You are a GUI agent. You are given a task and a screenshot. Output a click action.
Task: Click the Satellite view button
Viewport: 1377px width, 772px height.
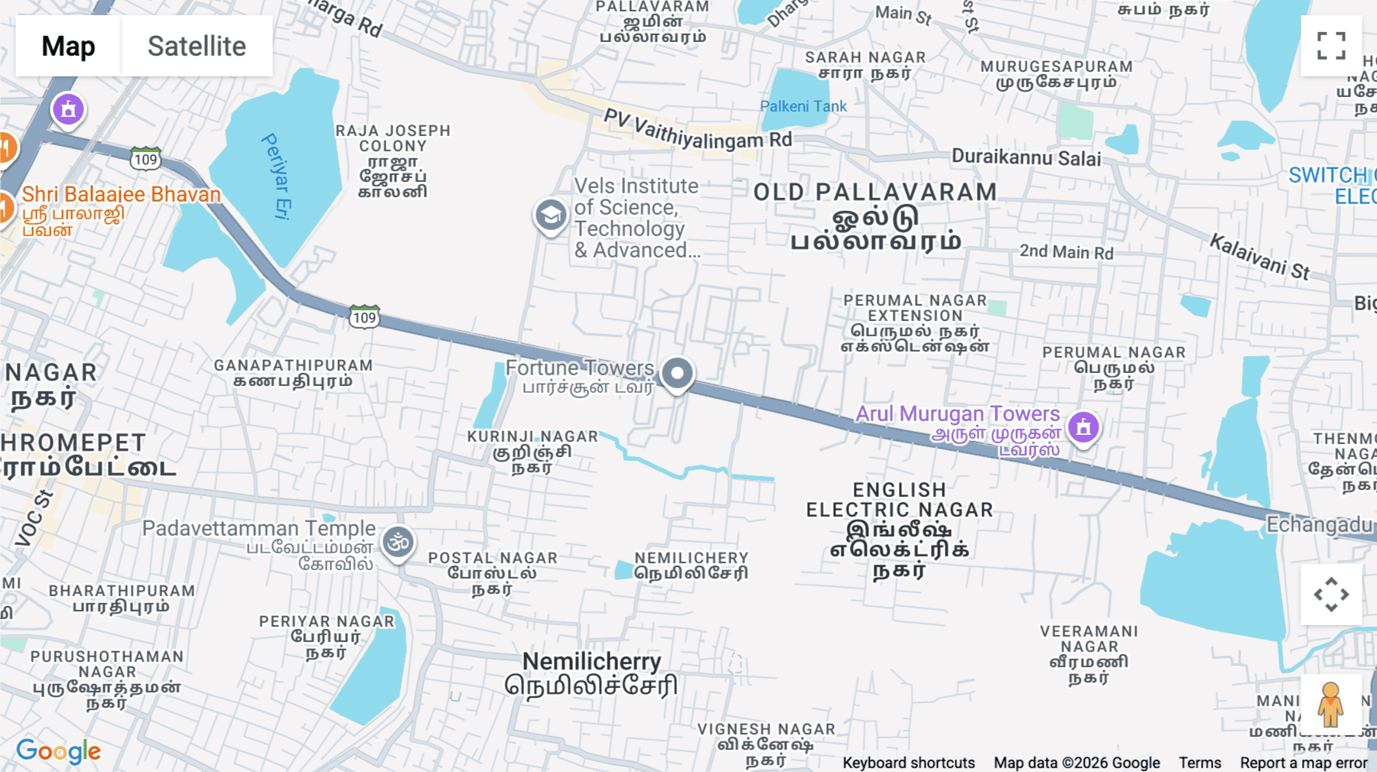click(197, 46)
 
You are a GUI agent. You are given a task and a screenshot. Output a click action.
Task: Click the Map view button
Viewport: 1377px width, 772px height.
click(68, 46)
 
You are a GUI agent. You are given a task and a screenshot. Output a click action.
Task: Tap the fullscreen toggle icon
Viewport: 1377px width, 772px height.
click(1331, 46)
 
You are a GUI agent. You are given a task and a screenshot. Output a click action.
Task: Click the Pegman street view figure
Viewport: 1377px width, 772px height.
click(1330, 704)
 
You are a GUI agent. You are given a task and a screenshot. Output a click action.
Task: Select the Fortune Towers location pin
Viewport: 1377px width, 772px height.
click(677, 374)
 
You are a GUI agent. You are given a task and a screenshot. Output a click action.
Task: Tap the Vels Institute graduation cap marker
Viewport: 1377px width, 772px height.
click(550, 216)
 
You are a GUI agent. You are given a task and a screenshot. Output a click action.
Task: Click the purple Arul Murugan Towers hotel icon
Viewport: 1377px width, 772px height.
click(1083, 427)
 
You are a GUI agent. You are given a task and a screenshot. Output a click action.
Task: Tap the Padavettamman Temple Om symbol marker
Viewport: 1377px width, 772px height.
click(398, 543)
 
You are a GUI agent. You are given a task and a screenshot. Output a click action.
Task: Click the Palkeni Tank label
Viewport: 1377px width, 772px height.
click(803, 106)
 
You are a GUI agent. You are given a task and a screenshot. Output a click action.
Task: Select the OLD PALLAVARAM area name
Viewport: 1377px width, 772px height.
click(875, 192)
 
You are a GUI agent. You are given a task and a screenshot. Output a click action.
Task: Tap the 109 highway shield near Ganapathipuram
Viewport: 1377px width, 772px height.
click(364, 317)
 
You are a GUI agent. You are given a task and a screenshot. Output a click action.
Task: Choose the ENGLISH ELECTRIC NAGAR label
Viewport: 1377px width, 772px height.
click(900, 500)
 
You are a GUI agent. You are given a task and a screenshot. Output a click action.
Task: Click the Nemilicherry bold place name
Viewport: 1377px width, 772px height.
click(591, 661)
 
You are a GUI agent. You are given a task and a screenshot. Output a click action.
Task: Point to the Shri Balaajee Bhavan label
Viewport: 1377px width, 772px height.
click(121, 194)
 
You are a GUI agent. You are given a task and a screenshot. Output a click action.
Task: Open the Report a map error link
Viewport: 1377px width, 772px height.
click(1304, 763)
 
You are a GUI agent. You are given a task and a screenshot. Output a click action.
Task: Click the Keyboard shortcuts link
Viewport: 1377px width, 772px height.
click(908, 763)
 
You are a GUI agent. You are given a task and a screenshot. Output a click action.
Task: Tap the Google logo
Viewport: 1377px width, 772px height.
click(58, 751)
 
